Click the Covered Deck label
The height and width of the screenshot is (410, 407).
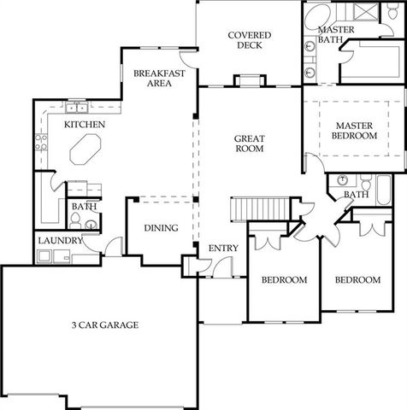[x=250, y=40]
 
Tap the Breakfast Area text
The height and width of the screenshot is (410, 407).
[x=159, y=79]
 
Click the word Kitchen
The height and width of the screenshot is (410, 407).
[x=85, y=126]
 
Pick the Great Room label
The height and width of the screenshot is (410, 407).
[x=250, y=144]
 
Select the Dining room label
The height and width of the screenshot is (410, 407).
[x=161, y=228]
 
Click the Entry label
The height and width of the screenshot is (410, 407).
[x=224, y=248]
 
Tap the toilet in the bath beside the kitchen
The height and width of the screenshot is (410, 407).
[x=76, y=223]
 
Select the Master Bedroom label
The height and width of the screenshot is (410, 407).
[x=355, y=131]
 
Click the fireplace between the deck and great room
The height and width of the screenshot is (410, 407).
[x=250, y=81]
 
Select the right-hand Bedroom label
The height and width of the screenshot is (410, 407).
[x=357, y=280]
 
